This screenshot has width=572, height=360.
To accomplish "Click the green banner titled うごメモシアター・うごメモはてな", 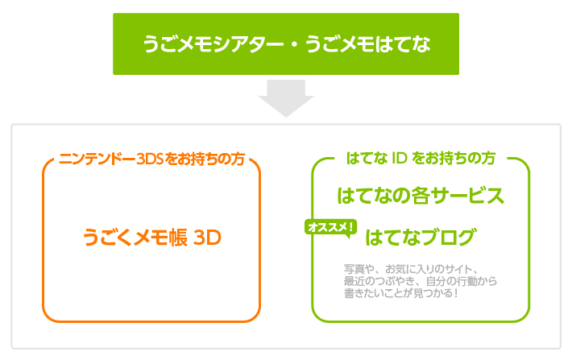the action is click(286, 43).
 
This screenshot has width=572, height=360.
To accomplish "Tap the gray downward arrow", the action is click(286, 98).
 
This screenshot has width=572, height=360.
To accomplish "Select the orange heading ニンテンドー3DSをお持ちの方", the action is click(151, 159).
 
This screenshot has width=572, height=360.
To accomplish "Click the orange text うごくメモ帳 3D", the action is click(151, 238).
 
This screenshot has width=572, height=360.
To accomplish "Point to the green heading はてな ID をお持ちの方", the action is click(421, 159).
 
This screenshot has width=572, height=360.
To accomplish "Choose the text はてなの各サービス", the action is click(421, 196).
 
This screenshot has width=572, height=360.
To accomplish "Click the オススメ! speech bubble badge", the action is click(330, 229).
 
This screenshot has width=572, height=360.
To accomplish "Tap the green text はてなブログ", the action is click(421, 237).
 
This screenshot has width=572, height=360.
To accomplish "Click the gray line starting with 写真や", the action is click(411, 269).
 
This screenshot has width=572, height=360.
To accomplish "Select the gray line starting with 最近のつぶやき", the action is click(421, 281).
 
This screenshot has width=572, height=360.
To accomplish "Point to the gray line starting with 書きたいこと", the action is click(400, 293).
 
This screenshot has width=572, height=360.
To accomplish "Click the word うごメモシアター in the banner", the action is click(213, 44).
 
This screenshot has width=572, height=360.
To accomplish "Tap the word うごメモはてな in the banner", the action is click(367, 44).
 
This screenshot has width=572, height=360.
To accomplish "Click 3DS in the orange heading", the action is click(150, 159).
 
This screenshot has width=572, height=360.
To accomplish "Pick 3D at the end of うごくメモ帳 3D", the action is click(207, 238).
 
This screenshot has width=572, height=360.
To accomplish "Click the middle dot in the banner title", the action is click(294, 44).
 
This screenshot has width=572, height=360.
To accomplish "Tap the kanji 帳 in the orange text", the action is click(178, 238).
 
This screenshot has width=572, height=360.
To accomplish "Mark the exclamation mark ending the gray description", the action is click(456, 293).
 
